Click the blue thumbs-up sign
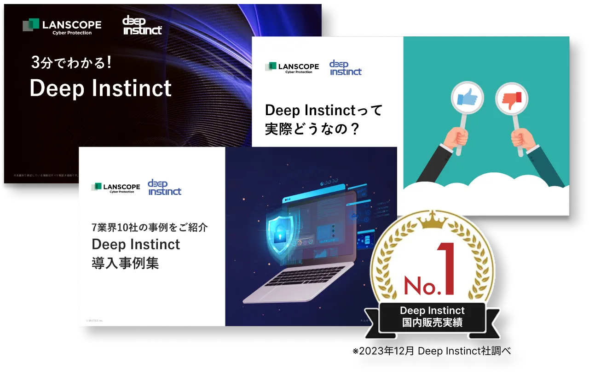(x=468, y=97)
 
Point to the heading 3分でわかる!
(x=71, y=63)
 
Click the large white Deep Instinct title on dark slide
(x=100, y=88)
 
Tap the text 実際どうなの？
(x=312, y=129)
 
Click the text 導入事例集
(x=125, y=263)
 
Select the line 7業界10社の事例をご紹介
(x=149, y=227)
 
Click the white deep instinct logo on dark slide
(x=142, y=26)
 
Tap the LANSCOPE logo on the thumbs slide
(x=292, y=68)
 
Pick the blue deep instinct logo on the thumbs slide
(x=346, y=68)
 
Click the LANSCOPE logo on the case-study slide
(x=115, y=187)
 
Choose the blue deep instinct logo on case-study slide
(x=164, y=187)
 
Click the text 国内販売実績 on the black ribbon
(x=432, y=322)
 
